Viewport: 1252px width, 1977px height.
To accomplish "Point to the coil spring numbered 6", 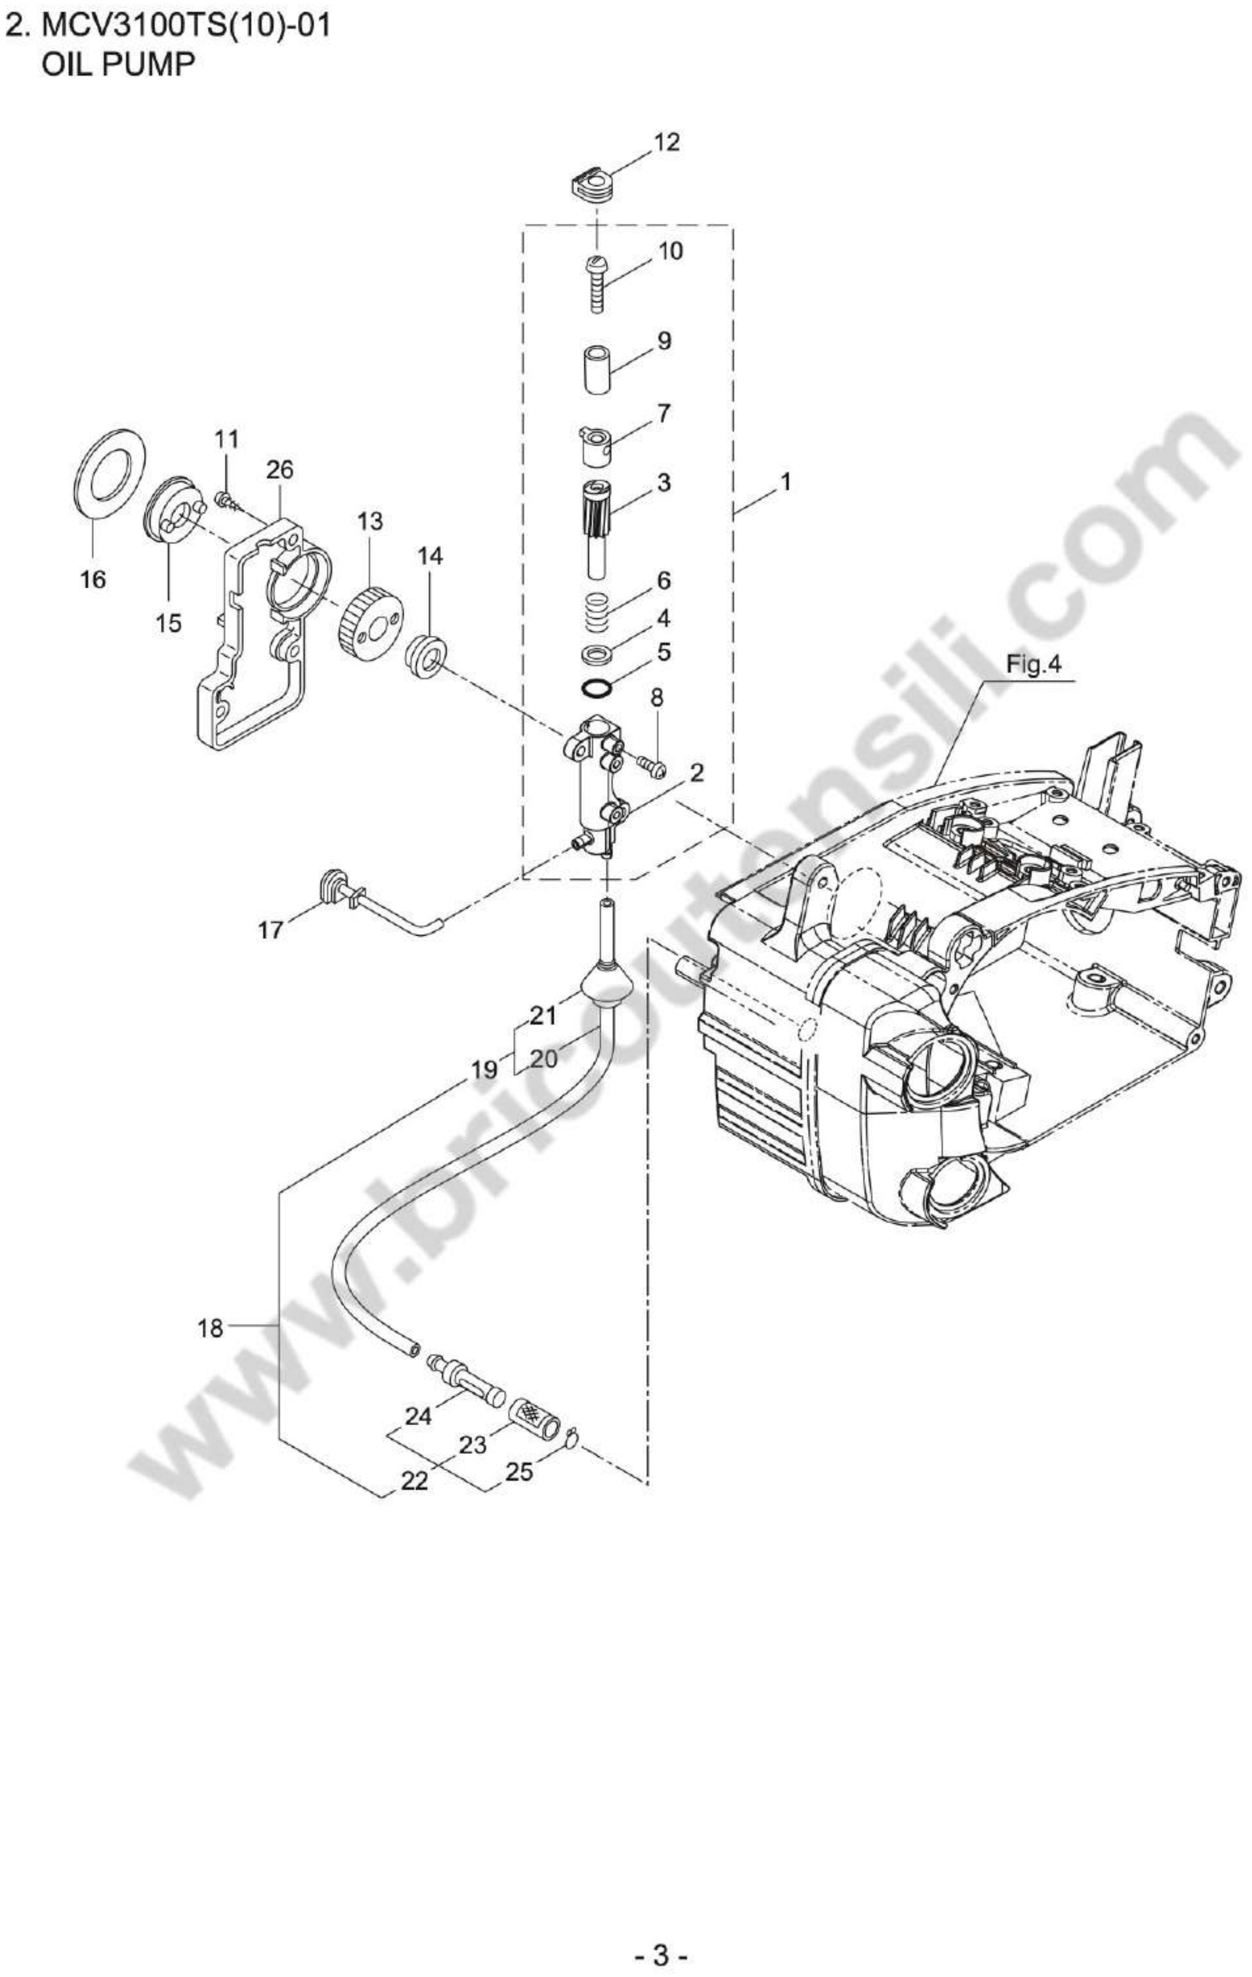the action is [x=599, y=611].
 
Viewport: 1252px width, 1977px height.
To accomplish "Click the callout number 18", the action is [x=210, y=1327].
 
